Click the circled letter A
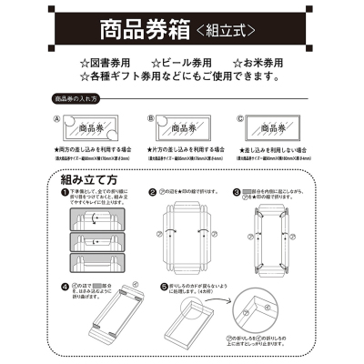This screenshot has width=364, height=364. coord(56,118)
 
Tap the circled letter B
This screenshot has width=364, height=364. coord(148,118)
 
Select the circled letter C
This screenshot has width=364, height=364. coord(239,118)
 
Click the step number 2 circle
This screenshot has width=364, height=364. coord(151,193)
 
